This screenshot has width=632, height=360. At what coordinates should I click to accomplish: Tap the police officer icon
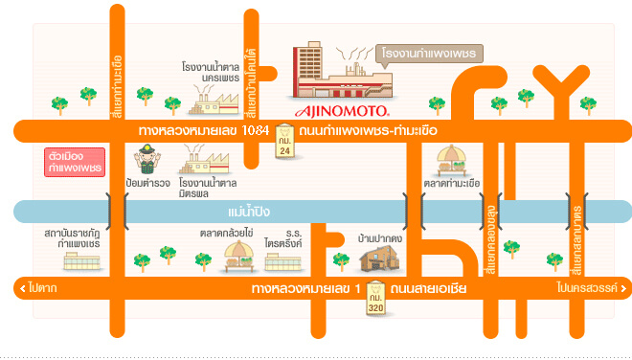pyautogui.click(x=147, y=157)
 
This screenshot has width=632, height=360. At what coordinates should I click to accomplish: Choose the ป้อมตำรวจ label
pyautogui.click(x=147, y=182)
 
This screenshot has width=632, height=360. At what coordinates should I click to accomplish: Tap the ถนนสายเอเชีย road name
pyautogui.click(x=428, y=287)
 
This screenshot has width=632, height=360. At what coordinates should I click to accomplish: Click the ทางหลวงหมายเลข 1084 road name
pyautogui.click(x=202, y=129)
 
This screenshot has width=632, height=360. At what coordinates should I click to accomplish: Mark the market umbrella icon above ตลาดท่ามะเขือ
pyautogui.click(x=451, y=159)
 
